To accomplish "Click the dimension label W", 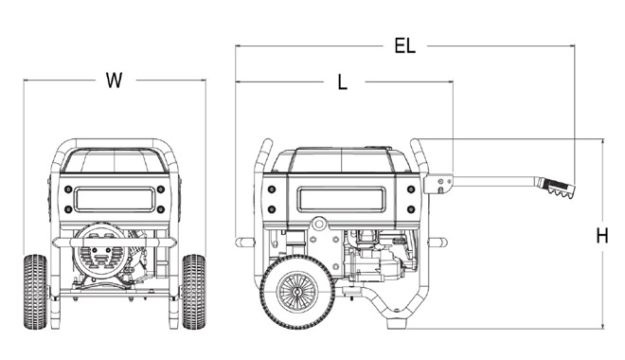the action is pyautogui.click(x=114, y=81).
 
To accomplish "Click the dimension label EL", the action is pyautogui.click(x=405, y=45).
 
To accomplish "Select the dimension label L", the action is pyautogui.click(x=343, y=82).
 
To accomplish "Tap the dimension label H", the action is pyautogui.click(x=602, y=236).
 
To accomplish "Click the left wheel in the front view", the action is pyautogui.click(x=35, y=292).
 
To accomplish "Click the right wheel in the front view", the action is pyautogui.click(x=194, y=292).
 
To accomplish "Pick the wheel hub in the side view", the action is pyautogui.click(x=297, y=292).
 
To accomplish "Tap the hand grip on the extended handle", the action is pyautogui.click(x=557, y=188).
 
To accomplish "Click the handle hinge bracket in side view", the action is pyautogui.click(x=438, y=184).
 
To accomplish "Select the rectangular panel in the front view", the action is pyautogui.click(x=115, y=199).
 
